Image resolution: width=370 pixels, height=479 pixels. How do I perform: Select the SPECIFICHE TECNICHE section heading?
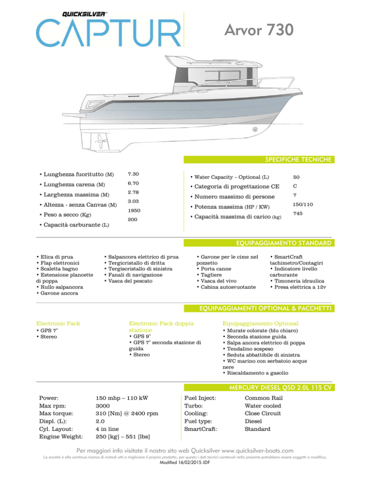(x=302, y=159)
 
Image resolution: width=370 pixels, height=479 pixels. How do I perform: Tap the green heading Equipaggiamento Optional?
(x=260, y=322)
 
